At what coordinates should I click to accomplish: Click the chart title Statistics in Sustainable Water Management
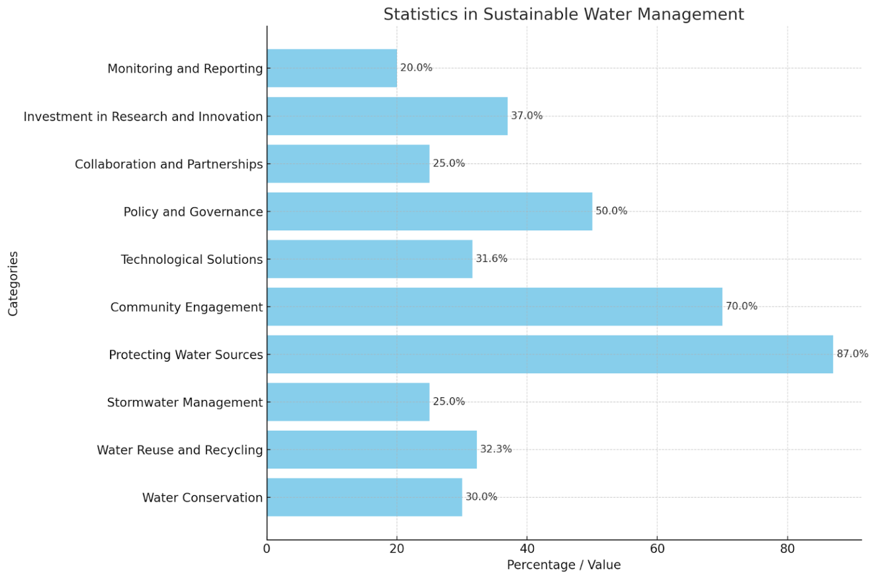pos(563,14)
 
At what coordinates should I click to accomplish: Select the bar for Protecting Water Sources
pos(550,354)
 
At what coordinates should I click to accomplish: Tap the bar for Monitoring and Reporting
pos(332,68)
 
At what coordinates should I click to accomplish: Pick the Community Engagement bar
pos(494,307)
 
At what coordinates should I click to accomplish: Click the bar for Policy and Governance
pos(429,211)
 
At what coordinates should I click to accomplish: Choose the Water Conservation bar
pos(364,498)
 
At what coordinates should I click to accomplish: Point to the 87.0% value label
pos(852,354)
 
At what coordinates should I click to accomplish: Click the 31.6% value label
pos(491,259)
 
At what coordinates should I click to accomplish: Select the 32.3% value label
pos(496,449)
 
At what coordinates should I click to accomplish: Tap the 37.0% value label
pos(526,116)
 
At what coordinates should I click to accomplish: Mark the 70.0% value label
pos(741,306)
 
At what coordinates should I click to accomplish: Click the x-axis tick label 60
pos(657,549)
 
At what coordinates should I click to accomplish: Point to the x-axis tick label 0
pos(267,549)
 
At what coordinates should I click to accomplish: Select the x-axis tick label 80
pos(787,549)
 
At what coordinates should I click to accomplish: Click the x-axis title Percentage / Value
pos(563,565)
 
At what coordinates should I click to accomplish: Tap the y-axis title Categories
pos(13,283)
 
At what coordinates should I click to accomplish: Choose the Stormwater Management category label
pos(185,402)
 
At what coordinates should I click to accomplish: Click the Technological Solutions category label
pos(192,259)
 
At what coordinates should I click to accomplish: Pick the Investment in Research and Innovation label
pos(143,116)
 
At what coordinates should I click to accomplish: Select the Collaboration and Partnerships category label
pos(169,164)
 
